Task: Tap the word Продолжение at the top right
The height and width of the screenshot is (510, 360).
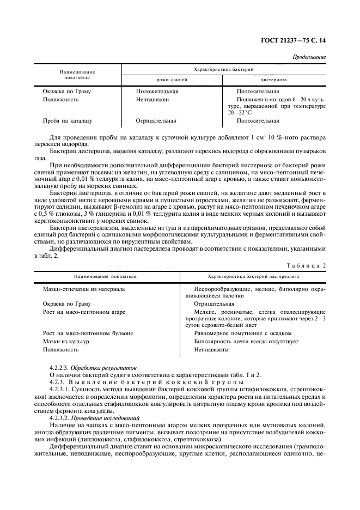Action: (309, 57)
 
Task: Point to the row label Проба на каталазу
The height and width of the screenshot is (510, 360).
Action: (68, 121)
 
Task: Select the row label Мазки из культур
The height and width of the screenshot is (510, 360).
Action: (66, 341)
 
